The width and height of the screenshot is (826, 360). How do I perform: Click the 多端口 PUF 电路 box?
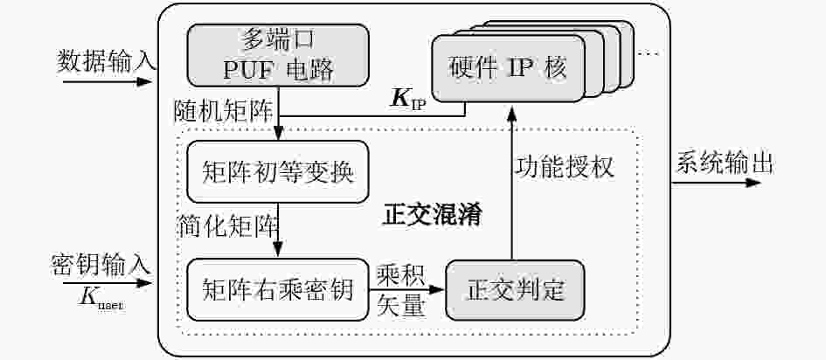coord(278,55)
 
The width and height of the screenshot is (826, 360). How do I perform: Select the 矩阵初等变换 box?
coord(278,171)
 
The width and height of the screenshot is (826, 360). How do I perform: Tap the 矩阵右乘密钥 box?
coord(278,289)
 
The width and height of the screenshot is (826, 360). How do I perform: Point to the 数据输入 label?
coord(106,61)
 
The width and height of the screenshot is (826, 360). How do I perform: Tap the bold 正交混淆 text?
coord(431,215)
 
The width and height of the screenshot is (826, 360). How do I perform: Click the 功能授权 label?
coord(564,168)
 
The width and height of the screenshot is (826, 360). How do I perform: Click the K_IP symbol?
coord(408,100)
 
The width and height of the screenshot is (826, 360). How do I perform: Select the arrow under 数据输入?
coord(107,81)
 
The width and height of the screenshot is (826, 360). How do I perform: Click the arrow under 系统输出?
coord(716,183)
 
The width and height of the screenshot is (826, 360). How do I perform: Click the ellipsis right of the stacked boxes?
coord(649,53)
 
